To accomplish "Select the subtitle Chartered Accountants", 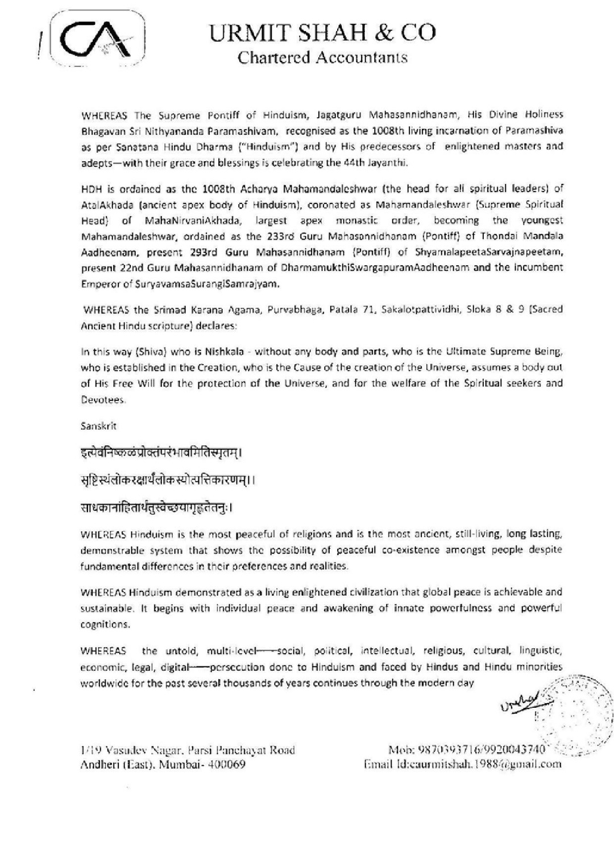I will [322, 57].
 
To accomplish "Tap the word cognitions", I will [105, 624].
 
